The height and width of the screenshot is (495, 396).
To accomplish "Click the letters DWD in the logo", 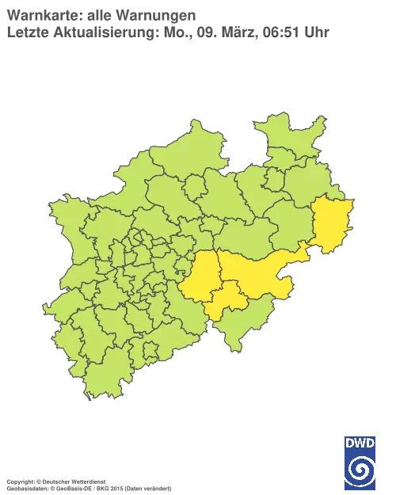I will click(360, 443).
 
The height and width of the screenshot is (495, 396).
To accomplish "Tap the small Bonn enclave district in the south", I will click(147, 348).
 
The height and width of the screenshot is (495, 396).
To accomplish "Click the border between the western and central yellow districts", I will click(217, 273).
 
